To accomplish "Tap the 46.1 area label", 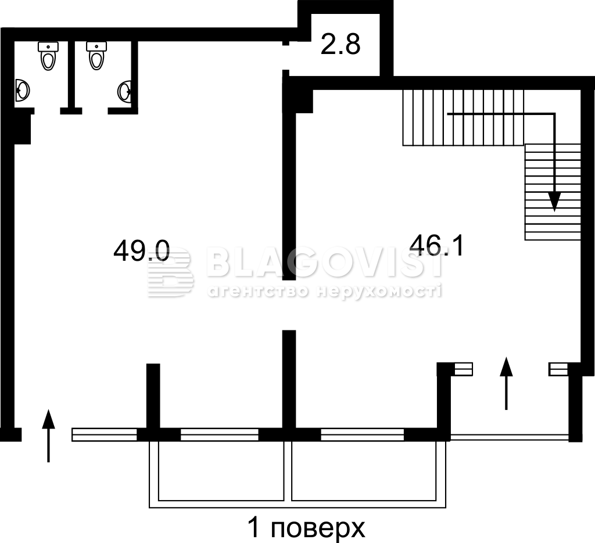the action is (x=437, y=245).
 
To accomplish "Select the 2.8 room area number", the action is (x=340, y=44).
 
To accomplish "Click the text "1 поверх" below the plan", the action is (x=306, y=528).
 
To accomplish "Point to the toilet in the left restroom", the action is (x=48, y=56).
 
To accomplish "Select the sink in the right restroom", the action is (x=125, y=92).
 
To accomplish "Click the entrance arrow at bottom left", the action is (x=48, y=436).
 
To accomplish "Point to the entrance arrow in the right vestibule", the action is (x=506, y=383).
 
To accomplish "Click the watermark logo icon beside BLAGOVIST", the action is (x=170, y=272).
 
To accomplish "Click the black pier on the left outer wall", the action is (x=21, y=130).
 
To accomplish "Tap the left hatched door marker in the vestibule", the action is (x=463, y=369).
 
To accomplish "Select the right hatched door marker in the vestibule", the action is (x=558, y=369).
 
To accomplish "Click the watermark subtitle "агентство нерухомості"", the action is (x=325, y=291).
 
